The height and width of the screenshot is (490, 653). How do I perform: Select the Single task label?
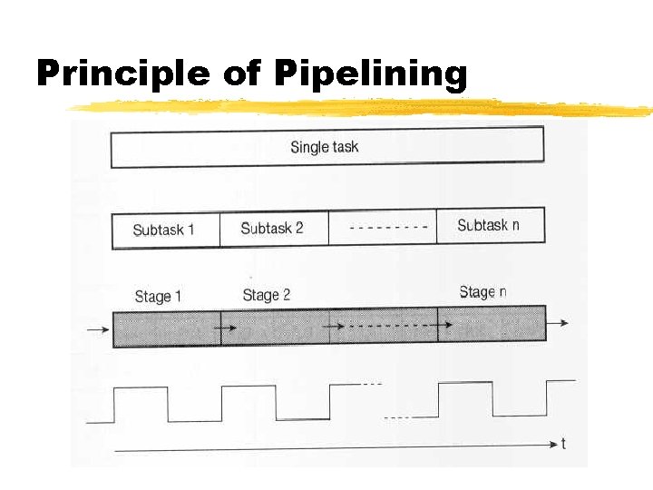[x=324, y=147]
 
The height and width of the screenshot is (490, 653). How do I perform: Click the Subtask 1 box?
[x=164, y=230]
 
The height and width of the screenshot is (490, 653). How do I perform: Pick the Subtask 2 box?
[x=272, y=229]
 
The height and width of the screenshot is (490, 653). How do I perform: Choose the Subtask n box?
[x=489, y=226]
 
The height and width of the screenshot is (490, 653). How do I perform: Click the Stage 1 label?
[x=158, y=297]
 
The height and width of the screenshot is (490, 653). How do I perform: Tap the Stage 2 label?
[x=266, y=295]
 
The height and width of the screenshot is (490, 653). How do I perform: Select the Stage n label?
[x=482, y=292]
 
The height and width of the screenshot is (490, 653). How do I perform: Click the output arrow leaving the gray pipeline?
[x=559, y=323]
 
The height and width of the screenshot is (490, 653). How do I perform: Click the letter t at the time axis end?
[x=563, y=444]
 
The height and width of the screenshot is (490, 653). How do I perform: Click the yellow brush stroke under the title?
[x=363, y=109]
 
